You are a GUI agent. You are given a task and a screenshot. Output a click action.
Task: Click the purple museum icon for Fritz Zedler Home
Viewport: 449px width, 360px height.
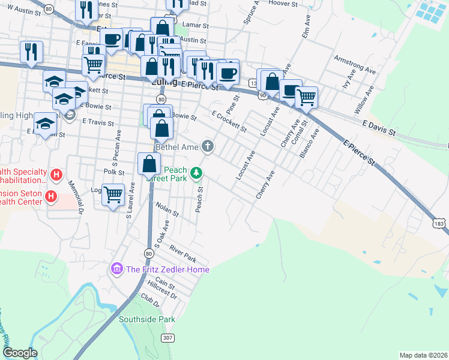pyautogui.click(x=117, y=269)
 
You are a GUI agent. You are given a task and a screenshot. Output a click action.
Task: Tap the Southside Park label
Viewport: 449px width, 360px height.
pyautogui.click(x=146, y=320)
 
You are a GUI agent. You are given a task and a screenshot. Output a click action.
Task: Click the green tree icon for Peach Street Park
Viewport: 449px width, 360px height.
pyautogui.click(x=196, y=173)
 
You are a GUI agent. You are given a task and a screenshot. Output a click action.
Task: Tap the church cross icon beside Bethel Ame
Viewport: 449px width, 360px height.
pyautogui.click(x=208, y=146)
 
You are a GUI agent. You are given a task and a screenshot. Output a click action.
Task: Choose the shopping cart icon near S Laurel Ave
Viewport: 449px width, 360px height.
pyautogui.click(x=113, y=195)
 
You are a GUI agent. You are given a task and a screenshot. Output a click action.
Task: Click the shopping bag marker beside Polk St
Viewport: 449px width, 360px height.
pyautogui.click(x=149, y=164)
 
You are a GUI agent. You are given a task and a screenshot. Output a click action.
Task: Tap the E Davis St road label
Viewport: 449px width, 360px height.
pyautogui.click(x=379, y=127)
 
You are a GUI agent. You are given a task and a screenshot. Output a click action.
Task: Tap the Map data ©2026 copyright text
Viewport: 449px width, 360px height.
pyautogui.click(x=423, y=355)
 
